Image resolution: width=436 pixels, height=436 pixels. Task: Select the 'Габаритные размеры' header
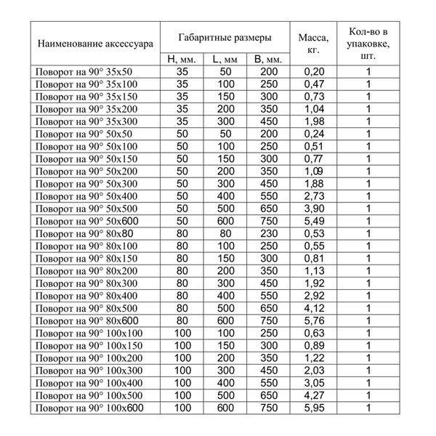(x=226, y=36)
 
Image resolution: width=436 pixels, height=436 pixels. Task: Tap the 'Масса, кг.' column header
(x=312, y=42)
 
